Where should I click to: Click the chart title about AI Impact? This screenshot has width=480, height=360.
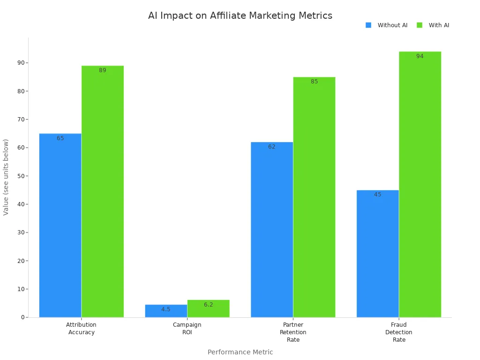tap(240, 15)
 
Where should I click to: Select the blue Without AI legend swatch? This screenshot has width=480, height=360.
tap(368, 25)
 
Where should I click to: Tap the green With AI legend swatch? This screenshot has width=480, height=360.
tap(419, 25)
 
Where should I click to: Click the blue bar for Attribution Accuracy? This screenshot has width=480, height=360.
tap(60, 225)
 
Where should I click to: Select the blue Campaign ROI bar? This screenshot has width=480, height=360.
tap(166, 311)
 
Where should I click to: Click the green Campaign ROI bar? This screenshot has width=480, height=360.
tap(208, 308)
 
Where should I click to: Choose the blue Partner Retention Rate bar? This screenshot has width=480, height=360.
tap(272, 230)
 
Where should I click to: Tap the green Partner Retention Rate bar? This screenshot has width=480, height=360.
tap(314, 197)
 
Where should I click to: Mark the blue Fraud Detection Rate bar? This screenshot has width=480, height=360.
tap(377, 253)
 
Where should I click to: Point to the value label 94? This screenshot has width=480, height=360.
tap(420, 56)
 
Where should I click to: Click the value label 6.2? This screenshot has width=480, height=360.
tap(208, 305)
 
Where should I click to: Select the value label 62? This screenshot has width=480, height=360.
tap(272, 147)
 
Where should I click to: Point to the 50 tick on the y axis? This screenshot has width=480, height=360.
tap(21, 176)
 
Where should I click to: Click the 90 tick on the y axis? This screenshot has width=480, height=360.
tap(21, 63)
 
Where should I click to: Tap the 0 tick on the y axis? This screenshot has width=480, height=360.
tap(22, 317)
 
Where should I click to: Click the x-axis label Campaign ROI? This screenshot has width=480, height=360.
tap(187, 328)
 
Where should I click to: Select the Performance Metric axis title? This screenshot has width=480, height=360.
tap(240, 352)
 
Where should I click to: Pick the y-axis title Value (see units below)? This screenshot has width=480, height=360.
tap(6, 177)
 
